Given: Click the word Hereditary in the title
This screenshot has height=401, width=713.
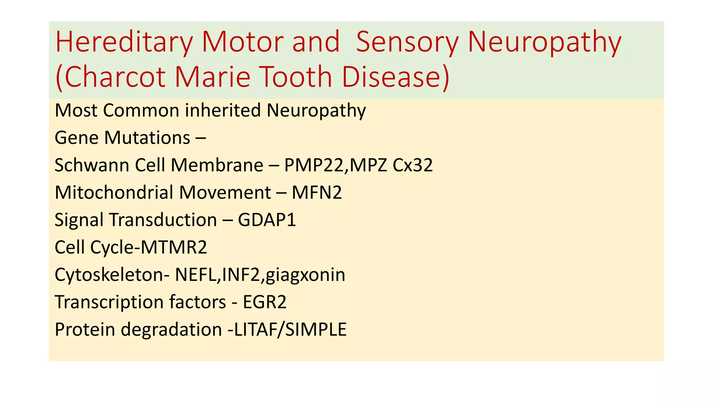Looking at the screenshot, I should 124,42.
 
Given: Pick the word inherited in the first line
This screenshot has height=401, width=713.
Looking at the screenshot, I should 223,110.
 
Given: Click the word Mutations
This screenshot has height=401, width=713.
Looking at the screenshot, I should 147,138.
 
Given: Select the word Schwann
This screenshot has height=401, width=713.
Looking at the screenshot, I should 92,165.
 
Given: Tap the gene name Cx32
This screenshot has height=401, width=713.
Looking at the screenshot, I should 413,165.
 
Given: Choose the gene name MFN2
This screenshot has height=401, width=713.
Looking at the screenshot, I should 317,192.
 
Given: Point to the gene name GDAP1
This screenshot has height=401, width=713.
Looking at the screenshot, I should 267,220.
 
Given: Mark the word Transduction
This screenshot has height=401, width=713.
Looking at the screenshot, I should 163,220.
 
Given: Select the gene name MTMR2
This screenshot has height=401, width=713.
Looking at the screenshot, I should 174,247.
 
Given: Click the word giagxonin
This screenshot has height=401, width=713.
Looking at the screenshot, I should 305,275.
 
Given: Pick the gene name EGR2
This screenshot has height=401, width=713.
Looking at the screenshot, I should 265,302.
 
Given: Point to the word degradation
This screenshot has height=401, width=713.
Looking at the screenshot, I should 171,330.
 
